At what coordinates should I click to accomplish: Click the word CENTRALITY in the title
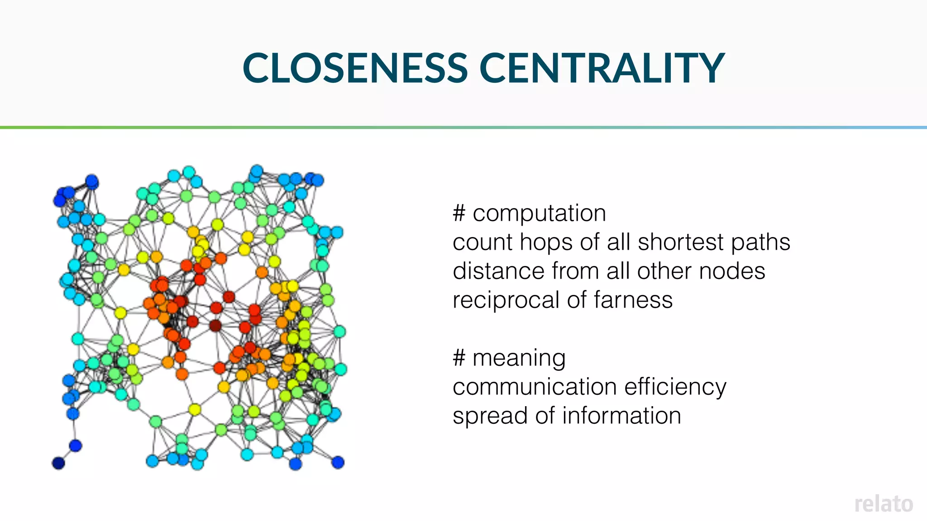click(602, 68)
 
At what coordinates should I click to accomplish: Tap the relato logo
click(884, 504)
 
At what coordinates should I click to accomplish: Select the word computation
click(539, 213)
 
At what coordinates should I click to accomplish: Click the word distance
click(498, 271)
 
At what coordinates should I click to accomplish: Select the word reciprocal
click(506, 300)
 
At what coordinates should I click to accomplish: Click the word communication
click(535, 387)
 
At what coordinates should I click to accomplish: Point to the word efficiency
click(675, 387)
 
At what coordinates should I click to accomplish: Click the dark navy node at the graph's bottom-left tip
click(58, 463)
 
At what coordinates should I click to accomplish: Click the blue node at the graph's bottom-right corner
click(338, 462)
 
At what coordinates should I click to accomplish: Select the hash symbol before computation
click(459, 213)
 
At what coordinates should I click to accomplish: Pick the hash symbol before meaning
click(459, 358)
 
